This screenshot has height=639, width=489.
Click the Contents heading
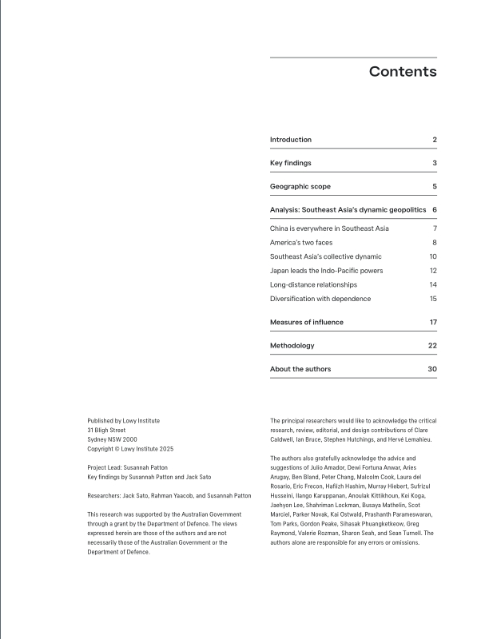tap(403, 72)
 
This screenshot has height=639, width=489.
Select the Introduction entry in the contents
tap(291, 140)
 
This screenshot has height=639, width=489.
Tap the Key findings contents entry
tap(291, 163)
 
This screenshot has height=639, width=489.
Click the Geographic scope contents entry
tap(300, 186)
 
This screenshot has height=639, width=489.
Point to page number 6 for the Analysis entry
tap(434, 209)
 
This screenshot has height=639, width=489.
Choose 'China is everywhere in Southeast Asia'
tap(329, 228)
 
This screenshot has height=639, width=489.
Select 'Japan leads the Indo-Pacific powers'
tap(326, 271)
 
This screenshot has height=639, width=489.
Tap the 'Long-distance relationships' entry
tap(313, 284)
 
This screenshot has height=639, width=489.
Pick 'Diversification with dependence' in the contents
tap(320, 299)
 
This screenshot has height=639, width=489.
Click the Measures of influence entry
tap(307, 322)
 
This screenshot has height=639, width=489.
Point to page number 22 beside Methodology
tap(432, 345)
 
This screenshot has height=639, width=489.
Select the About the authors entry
tap(300, 369)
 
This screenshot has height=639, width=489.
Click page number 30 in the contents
tap(432, 369)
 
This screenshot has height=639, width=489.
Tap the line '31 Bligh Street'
tap(106, 431)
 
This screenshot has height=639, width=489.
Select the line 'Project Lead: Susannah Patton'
tap(128, 467)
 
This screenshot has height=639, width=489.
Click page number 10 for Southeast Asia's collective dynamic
tap(432, 256)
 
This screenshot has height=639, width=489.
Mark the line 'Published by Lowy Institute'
tap(124, 421)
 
